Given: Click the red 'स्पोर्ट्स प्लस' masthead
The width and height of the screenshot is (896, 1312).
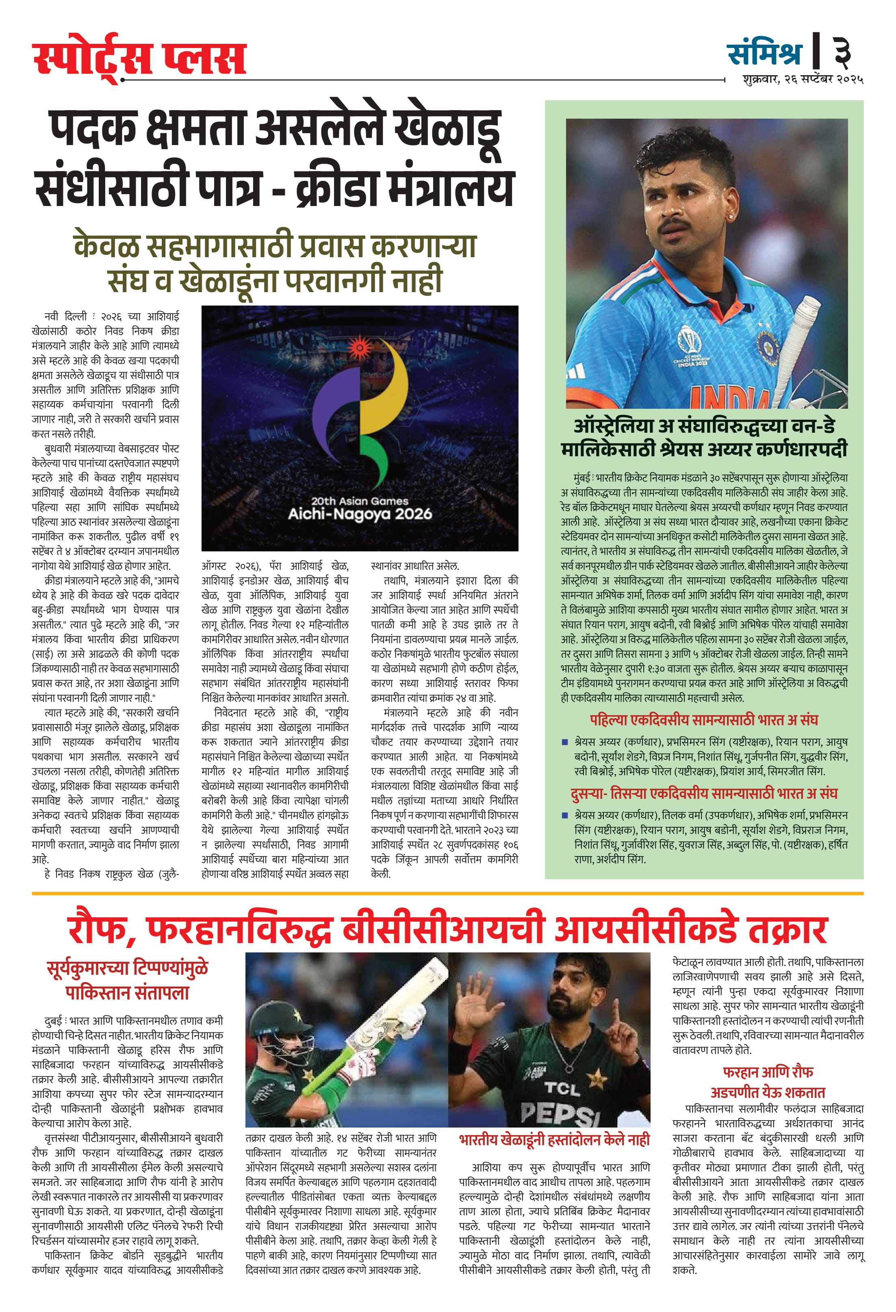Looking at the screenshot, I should tap(139, 58).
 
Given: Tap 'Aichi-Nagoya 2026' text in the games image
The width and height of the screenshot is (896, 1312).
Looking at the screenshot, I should tap(360, 514).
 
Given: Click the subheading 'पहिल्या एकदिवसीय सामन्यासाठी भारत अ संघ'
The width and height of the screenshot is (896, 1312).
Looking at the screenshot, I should tap(703, 720).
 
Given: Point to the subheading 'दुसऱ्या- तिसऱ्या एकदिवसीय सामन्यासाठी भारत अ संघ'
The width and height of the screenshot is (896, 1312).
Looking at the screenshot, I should tap(703, 793).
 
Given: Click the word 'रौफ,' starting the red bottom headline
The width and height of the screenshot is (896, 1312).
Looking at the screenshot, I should tap(102, 930).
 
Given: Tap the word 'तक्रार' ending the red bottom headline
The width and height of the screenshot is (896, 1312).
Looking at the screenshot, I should tap(788, 930).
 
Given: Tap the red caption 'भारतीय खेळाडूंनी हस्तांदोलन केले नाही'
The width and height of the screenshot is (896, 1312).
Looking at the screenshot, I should tap(554, 1141).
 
